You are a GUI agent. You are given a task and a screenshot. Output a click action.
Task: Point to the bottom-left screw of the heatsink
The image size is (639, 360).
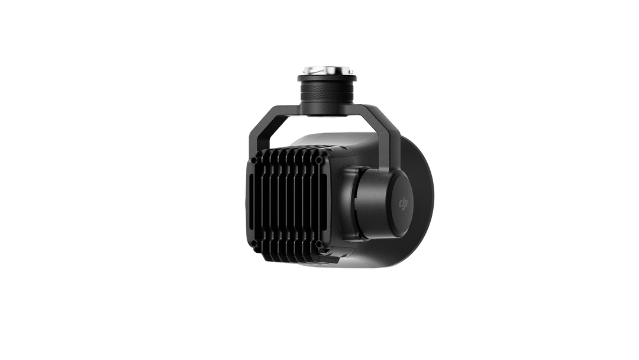pyautogui.click(x=254, y=243)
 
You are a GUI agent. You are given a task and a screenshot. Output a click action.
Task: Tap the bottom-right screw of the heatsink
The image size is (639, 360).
pyautogui.click(x=319, y=243)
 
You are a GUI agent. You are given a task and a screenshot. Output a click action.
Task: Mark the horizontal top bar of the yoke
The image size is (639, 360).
pyautogui.click(x=327, y=112)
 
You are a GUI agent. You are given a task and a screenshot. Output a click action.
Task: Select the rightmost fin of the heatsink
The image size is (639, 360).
pyautogui.click(x=312, y=201)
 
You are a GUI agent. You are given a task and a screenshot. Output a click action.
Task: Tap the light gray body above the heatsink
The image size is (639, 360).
pyautogui.click(x=337, y=142)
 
